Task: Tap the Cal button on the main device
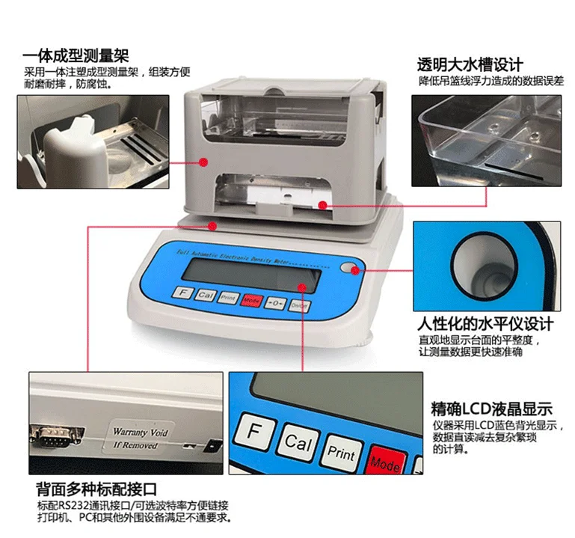206,295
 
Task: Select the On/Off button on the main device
299,305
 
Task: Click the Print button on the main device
228,298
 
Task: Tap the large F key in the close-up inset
253,434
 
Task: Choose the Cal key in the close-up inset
298,444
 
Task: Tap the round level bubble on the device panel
346,268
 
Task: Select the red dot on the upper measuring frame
203,161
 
